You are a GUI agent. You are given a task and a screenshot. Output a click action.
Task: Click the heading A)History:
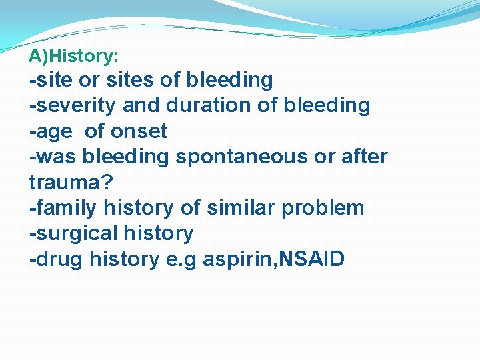[x=73, y=57]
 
